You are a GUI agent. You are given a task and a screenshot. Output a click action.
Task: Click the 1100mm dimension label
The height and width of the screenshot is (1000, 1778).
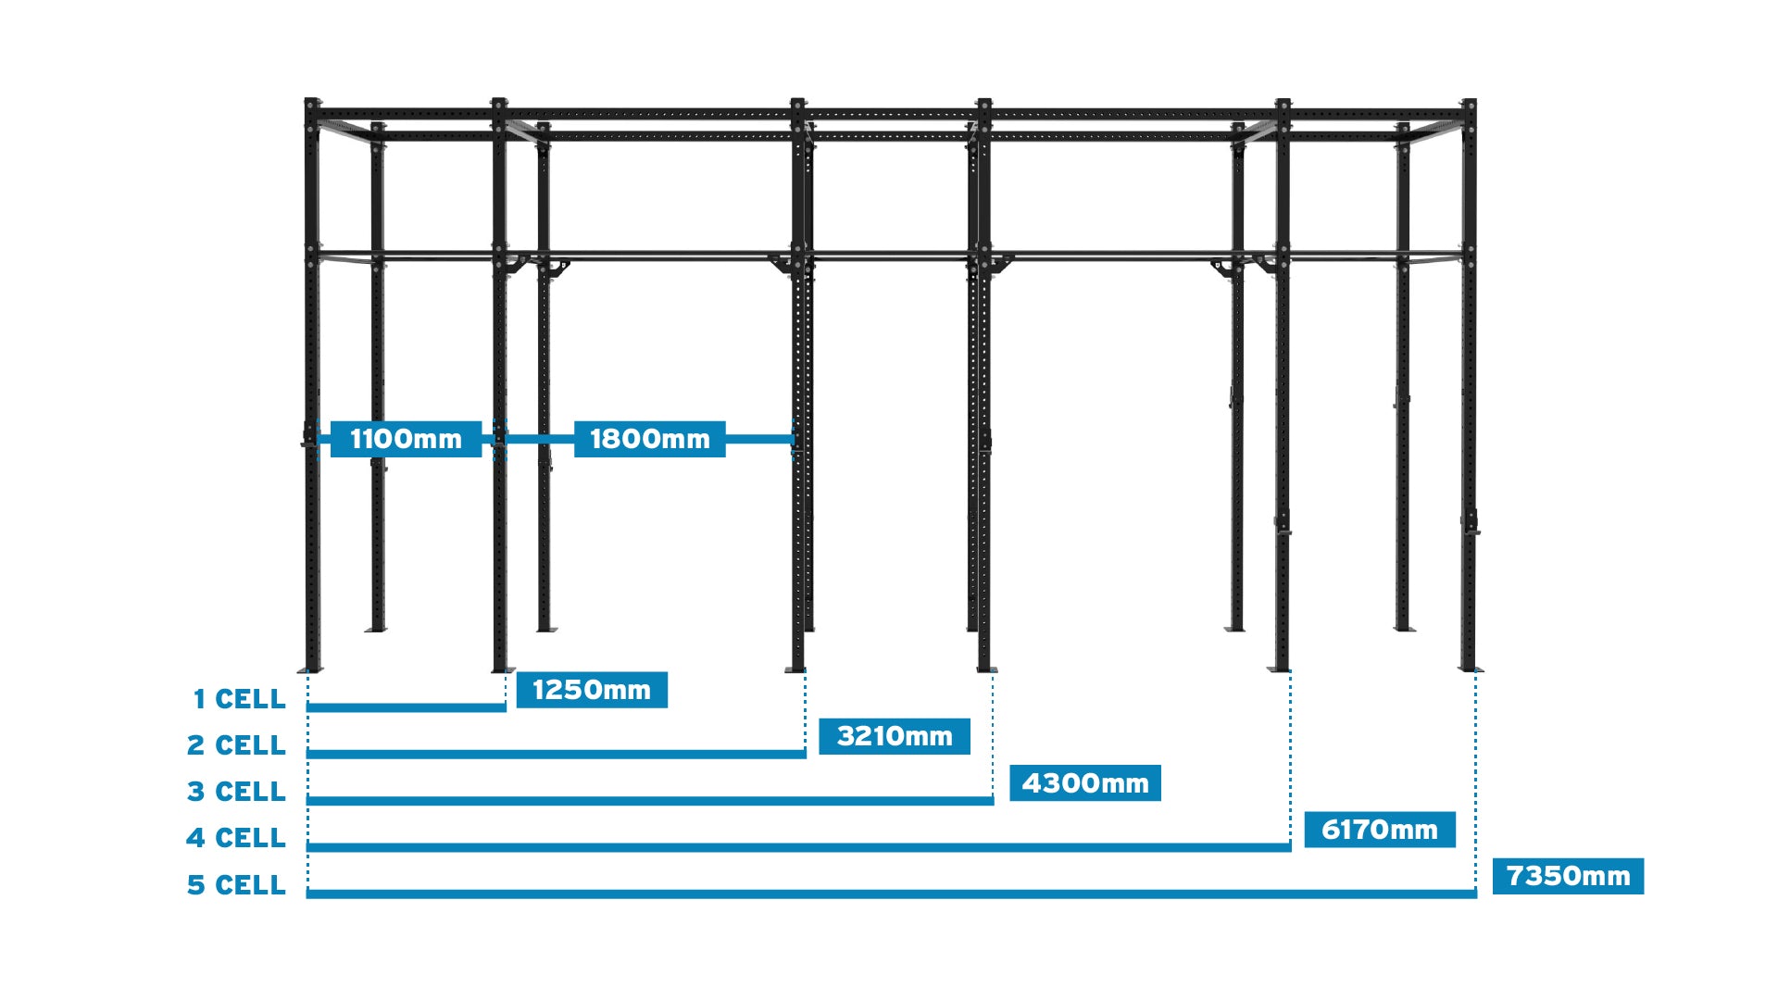pyautogui.click(x=406, y=439)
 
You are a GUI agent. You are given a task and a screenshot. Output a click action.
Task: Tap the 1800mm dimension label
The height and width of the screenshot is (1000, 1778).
pyautogui.click(x=649, y=439)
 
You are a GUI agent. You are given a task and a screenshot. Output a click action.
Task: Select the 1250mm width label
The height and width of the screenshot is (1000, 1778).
pyautogui.click(x=592, y=690)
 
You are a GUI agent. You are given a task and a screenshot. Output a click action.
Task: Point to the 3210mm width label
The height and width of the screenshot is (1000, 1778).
pyautogui.click(x=895, y=736)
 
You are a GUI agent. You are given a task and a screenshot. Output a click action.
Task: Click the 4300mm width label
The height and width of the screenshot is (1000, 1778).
pyautogui.click(x=1084, y=783)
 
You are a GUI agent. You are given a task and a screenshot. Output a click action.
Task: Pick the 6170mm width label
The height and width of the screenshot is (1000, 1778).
pyautogui.click(x=1379, y=830)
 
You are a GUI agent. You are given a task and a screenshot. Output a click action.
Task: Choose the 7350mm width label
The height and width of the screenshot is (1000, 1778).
pyautogui.click(x=1568, y=876)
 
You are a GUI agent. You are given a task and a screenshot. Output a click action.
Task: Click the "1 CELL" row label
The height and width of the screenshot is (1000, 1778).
pyautogui.click(x=239, y=699)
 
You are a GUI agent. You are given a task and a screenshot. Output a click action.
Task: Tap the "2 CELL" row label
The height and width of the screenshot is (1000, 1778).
pyautogui.click(x=236, y=745)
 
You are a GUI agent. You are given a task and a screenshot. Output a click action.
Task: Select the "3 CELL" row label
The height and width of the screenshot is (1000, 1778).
pyautogui.click(x=236, y=792)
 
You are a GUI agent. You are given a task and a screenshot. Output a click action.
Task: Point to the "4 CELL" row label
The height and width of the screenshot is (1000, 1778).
pyautogui.click(x=236, y=838)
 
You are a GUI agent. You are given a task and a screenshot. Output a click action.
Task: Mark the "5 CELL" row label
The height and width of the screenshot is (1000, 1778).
pyautogui.click(x=236, y=885)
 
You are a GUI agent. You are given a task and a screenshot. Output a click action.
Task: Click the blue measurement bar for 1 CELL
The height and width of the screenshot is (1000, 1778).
pyautogui.click(x=406, y=707)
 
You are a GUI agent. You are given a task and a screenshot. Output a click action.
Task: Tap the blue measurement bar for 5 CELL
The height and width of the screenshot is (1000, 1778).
pyautogui.click(x=891, y=894)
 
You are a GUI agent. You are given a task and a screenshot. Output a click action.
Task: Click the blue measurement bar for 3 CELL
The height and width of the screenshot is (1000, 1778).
pyautogui.click(x=649, y=800)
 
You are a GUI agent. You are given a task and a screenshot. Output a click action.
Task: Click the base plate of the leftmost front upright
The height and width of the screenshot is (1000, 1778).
pyautogui.click(x=311, y=669)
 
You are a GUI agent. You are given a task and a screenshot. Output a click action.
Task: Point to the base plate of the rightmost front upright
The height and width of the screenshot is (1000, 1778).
pyautogui.click(x=1469, y=669)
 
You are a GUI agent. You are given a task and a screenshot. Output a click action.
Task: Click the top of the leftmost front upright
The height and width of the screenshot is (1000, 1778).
pyautogui.click(x=312, y=103)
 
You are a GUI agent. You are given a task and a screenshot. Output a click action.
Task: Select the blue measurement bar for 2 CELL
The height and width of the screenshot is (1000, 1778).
pyautogui.click(x=556, y=754)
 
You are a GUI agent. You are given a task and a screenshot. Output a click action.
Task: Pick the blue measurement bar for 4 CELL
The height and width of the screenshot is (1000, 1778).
pyautogui.click(x=798, y=846)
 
